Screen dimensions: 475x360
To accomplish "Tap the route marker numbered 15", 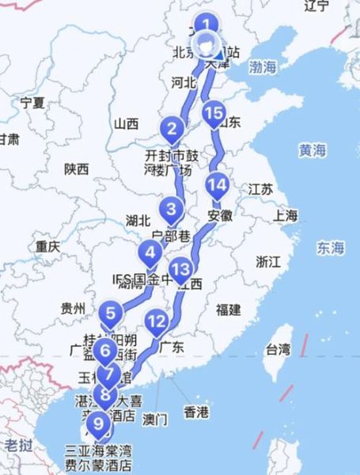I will point(212,113).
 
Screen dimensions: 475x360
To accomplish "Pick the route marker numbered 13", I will point(180,270).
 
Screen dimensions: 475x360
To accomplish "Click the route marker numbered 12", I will point(157,321).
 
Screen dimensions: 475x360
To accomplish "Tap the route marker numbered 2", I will point(171,128).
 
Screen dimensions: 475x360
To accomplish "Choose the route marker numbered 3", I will point(171,210).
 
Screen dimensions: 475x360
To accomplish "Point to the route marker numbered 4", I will point(150,254).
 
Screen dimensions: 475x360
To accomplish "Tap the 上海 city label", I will point(286,215).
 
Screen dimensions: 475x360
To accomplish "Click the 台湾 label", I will point(278,348).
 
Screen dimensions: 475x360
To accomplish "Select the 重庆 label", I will point(47,246).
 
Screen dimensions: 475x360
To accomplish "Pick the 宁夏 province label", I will point(32,102).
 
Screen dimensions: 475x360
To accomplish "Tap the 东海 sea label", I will point(333,249).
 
